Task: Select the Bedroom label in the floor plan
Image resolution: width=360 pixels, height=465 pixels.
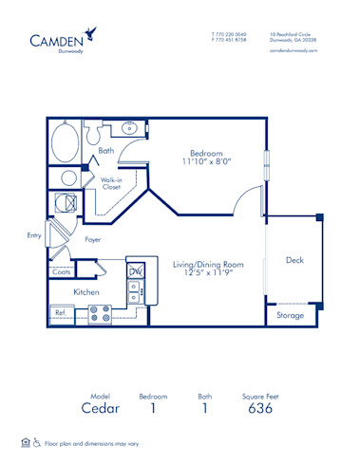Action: point(206,153)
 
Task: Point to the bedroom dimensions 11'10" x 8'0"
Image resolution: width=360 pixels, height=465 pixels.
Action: point(206,162)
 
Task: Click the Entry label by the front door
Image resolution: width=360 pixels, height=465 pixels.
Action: point(35,234)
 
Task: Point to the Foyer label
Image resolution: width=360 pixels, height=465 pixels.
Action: point(93,240)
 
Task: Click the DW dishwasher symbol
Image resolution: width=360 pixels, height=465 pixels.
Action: point(135,271)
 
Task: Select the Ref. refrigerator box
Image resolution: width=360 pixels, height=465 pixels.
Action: point(60,311)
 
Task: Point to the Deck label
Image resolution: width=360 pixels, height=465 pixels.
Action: point(294,261)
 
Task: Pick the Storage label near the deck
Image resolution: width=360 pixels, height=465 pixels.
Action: point(290,314)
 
